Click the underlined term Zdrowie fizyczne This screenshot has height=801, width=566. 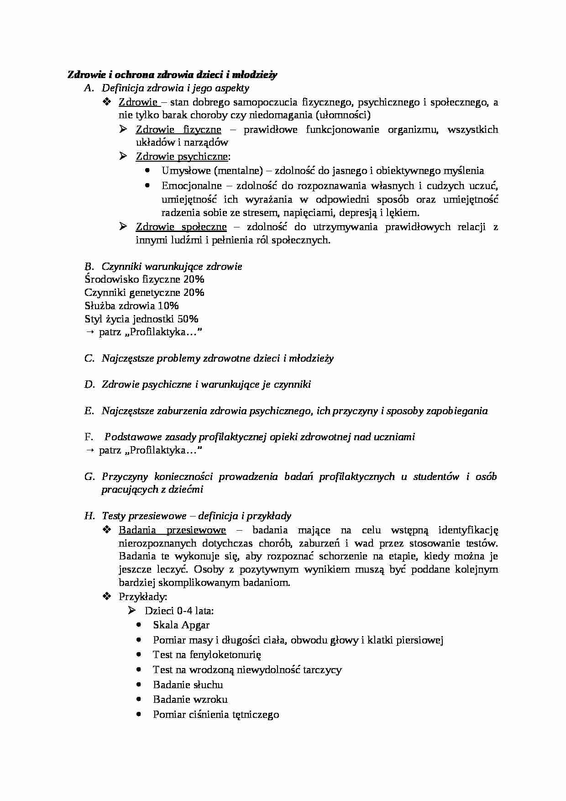coord(178,130)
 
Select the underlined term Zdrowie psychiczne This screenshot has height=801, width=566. coord(182,157)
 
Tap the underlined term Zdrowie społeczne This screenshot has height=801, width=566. coord(181,227)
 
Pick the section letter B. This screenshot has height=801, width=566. coord(89,266)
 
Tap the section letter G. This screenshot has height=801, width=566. coord(89,477)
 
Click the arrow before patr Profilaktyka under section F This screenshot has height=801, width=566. coord(89,451)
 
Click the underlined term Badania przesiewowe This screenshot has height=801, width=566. coord(172,530)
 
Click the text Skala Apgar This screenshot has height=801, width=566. coord(181,625)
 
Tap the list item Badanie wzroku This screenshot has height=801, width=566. coord(190,700)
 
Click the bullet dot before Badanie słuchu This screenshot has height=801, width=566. coord(139,685)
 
